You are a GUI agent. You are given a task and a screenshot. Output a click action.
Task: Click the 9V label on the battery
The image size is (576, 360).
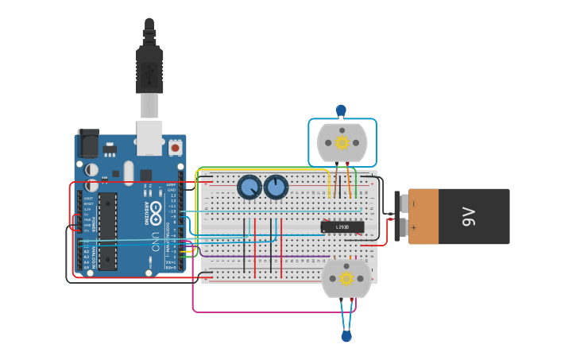(x=469, y=216)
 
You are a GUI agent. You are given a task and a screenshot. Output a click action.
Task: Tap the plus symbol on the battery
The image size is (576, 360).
(x=413, y=227)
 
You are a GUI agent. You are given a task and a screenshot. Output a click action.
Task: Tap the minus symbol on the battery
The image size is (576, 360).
(x=413, y=203)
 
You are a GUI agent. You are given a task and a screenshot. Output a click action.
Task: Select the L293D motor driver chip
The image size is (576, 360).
(x=342, y=227)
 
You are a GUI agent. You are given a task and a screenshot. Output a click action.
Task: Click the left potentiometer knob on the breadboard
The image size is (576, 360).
(x=249, y=188)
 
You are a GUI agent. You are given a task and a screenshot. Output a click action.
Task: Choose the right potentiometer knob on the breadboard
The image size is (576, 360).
(x=276, y=188)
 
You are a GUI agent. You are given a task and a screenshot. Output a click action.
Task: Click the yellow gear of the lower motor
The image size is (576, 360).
(x=346, y=278)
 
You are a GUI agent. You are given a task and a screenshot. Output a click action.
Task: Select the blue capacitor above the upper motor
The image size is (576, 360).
(x=341, y=110)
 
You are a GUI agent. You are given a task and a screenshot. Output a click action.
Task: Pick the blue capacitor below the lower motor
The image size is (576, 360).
(x=346, y=336)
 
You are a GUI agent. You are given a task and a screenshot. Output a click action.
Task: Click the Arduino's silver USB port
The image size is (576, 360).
(x=149, y=137)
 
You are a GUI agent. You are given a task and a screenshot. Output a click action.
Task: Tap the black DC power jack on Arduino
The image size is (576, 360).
(x=88, y=143)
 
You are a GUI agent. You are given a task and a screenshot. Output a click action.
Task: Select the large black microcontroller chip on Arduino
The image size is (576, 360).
(x=108, y=230)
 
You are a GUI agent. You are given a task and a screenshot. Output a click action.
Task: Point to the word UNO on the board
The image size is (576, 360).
(x=155, y=239)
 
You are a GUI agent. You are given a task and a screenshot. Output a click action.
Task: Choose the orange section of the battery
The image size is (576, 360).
(x=423, y=216)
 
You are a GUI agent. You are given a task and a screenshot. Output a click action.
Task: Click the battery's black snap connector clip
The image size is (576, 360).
(x=397, y=216)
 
